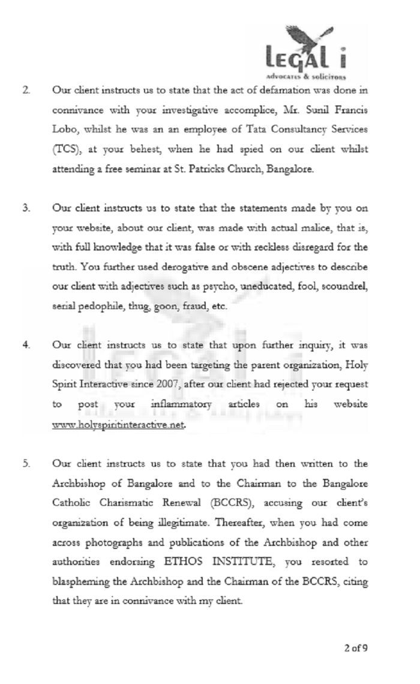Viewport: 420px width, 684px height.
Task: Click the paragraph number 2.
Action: (x=26, y=91)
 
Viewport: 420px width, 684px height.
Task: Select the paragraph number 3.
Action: (x=26, y=208)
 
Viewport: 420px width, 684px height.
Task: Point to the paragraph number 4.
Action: (x=26, y=345)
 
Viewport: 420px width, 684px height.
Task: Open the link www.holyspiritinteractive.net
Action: (x=119, y=424)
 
